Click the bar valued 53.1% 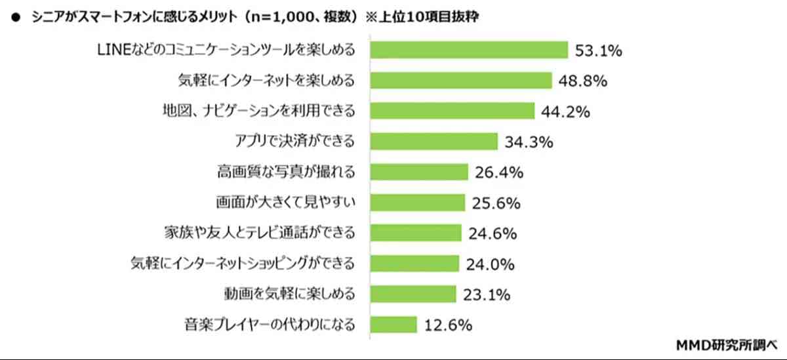[x=469, y=50]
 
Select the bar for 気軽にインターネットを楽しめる [x=461, y=81]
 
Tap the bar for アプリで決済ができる [x=434, y=141]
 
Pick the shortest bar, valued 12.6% [x=393, y=324]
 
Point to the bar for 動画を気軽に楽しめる [x=413, y=294]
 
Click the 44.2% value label [x=565, y=111]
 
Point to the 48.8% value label [x=581, y=81]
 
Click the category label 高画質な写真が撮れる [x=286, y=172]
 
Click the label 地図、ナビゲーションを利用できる [x=258, y=111]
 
